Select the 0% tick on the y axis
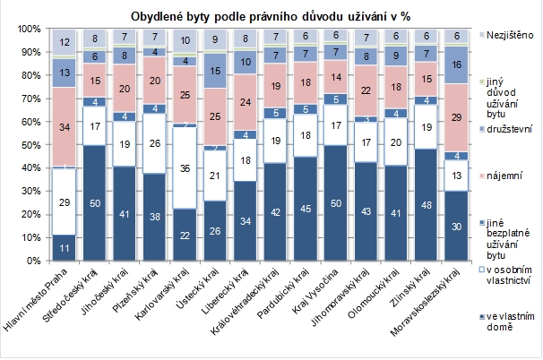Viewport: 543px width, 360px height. pos(30,260)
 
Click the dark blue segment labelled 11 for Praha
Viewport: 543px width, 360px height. pos(65,247)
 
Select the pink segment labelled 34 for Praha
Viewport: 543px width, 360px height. pos(65,126)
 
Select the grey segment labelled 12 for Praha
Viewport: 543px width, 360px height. pos(65,42)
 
